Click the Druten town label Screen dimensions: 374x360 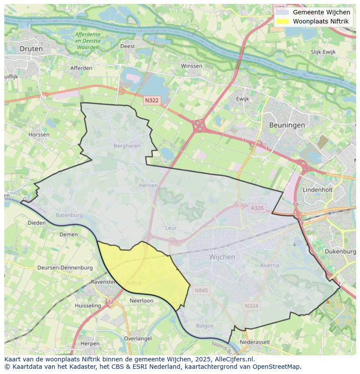(x=31, y=49)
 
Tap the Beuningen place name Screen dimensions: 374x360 (x=287, y=125)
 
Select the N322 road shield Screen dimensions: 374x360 (x=152, y=100)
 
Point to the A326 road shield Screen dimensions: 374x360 (x=257, y=208)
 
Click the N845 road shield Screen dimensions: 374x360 (x=201, y=290)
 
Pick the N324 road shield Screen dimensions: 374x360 (x=251, y=306)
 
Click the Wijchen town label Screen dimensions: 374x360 (x=222, y=257)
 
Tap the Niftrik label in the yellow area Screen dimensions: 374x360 (x=133, y=283)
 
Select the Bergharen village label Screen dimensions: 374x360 (x=127, y=146)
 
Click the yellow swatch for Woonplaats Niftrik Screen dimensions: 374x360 (x=282, y=21)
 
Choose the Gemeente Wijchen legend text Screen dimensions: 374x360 (x=321, y=12)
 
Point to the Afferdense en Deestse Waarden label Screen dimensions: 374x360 (x=87, y=40)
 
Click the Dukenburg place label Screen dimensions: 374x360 (x=340, y=252)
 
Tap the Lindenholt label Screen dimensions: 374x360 (x=317, y=190)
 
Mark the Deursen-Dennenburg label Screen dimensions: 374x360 (x=65, y=268)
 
